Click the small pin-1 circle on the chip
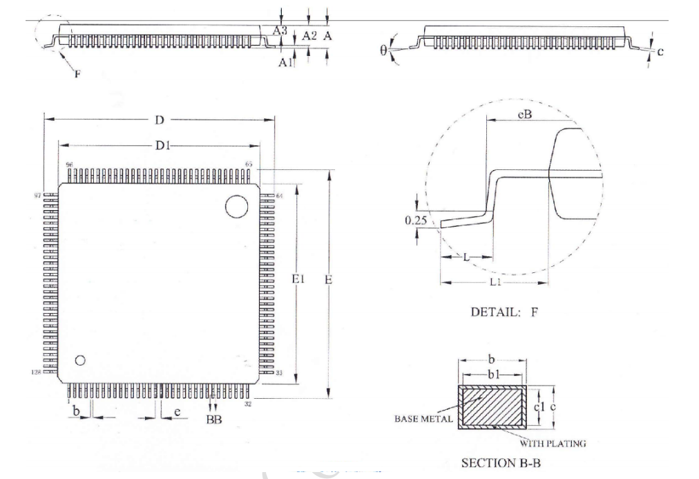tap(80, 360)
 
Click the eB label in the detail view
tap(524, 115)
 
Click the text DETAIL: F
tap(504, 312)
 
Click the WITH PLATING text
tap(553, 443)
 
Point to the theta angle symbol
tap(384, 51)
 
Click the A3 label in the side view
tap(279, 30)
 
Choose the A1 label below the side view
tap(285, 62)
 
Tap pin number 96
tap(70, 165)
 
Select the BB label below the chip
tap(215, 420)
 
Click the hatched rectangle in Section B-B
tap(492, 407)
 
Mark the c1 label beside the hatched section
tap(541, 407)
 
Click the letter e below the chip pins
tap(178, 413)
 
